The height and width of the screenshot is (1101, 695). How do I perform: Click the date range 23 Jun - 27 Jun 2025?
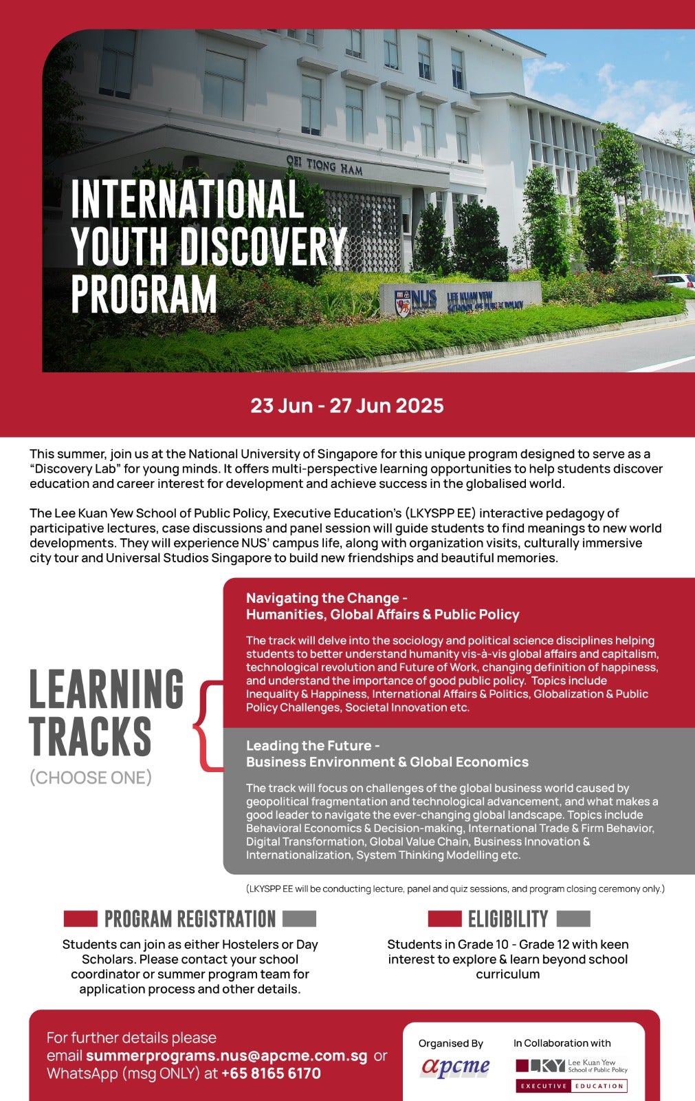coord(346,405)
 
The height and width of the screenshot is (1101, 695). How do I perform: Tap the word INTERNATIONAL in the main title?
coord(186,199)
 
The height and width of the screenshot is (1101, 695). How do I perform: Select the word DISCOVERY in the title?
coord(263,246)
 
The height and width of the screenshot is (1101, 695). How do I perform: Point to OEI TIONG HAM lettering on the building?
coord(324,165)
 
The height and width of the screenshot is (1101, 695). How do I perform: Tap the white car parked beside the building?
coord(675,280)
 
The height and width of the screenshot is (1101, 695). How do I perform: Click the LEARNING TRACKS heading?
coord(106,712)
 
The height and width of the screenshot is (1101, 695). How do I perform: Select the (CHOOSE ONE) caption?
coord(90,778)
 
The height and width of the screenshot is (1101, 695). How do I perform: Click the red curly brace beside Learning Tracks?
coord(208,725)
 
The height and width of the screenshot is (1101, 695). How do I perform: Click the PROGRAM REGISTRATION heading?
coord(190,919)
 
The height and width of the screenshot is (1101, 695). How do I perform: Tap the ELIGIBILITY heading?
coord(508,919)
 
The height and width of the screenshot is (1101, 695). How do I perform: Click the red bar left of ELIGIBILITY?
coord(444,919)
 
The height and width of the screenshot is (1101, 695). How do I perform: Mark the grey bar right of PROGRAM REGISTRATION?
coord(299,919)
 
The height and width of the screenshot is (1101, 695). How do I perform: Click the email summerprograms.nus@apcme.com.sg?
coord(226,1056)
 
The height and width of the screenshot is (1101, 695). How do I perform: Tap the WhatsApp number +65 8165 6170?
coord(271,1073)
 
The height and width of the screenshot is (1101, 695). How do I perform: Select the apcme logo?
coord(454,1067)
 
